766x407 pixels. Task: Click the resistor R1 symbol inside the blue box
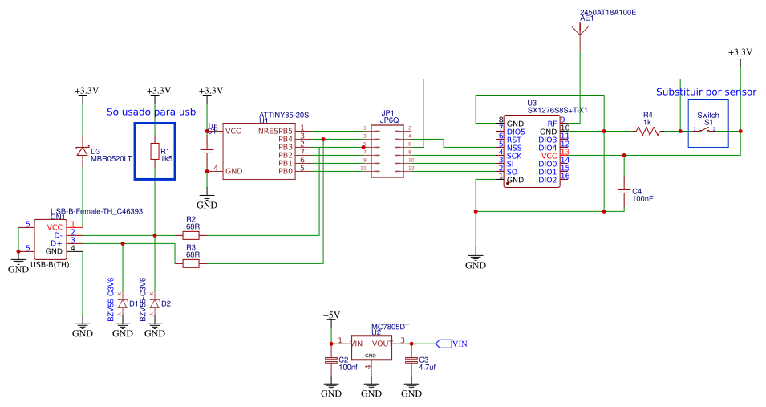[155, 152]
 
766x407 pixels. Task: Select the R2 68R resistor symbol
[191, 235]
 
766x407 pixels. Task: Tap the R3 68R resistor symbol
[191, 263]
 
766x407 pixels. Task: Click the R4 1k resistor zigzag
[646, 131]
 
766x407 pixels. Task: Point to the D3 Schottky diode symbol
[83, 150]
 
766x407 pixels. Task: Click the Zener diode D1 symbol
[122, 303]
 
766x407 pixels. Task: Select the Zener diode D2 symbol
[155, 303]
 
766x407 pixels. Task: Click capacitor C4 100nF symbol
[624, 192]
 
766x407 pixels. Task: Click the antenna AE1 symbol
[579, 31]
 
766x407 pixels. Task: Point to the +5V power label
[330, 315]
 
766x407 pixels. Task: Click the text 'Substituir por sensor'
[706, 92]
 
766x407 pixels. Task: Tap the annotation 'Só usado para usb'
[152, 112]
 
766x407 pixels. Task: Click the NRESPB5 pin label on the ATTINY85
[275, 131]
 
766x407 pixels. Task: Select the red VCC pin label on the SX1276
[549, 156]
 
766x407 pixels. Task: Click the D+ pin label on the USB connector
[55, 243]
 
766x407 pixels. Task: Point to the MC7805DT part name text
[389, 328]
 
